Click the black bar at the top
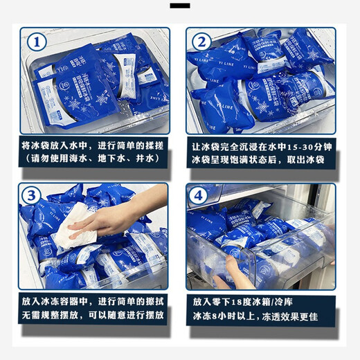(179, 6)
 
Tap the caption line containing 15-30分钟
(262, 147)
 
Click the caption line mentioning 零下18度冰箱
(262, 303)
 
